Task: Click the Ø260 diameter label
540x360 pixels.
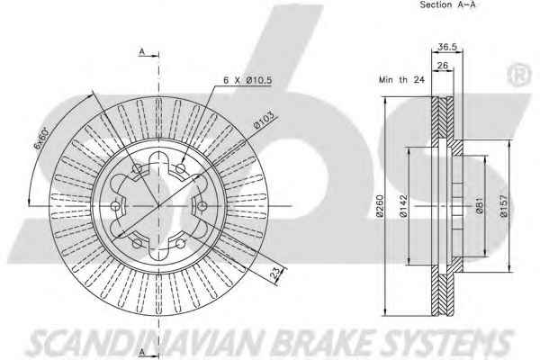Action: coord(381,208)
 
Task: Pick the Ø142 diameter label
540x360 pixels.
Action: coord(406,208)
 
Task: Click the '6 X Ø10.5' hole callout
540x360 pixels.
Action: coord(247,80)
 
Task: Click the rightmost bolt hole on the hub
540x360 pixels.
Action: coord(203,207)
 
